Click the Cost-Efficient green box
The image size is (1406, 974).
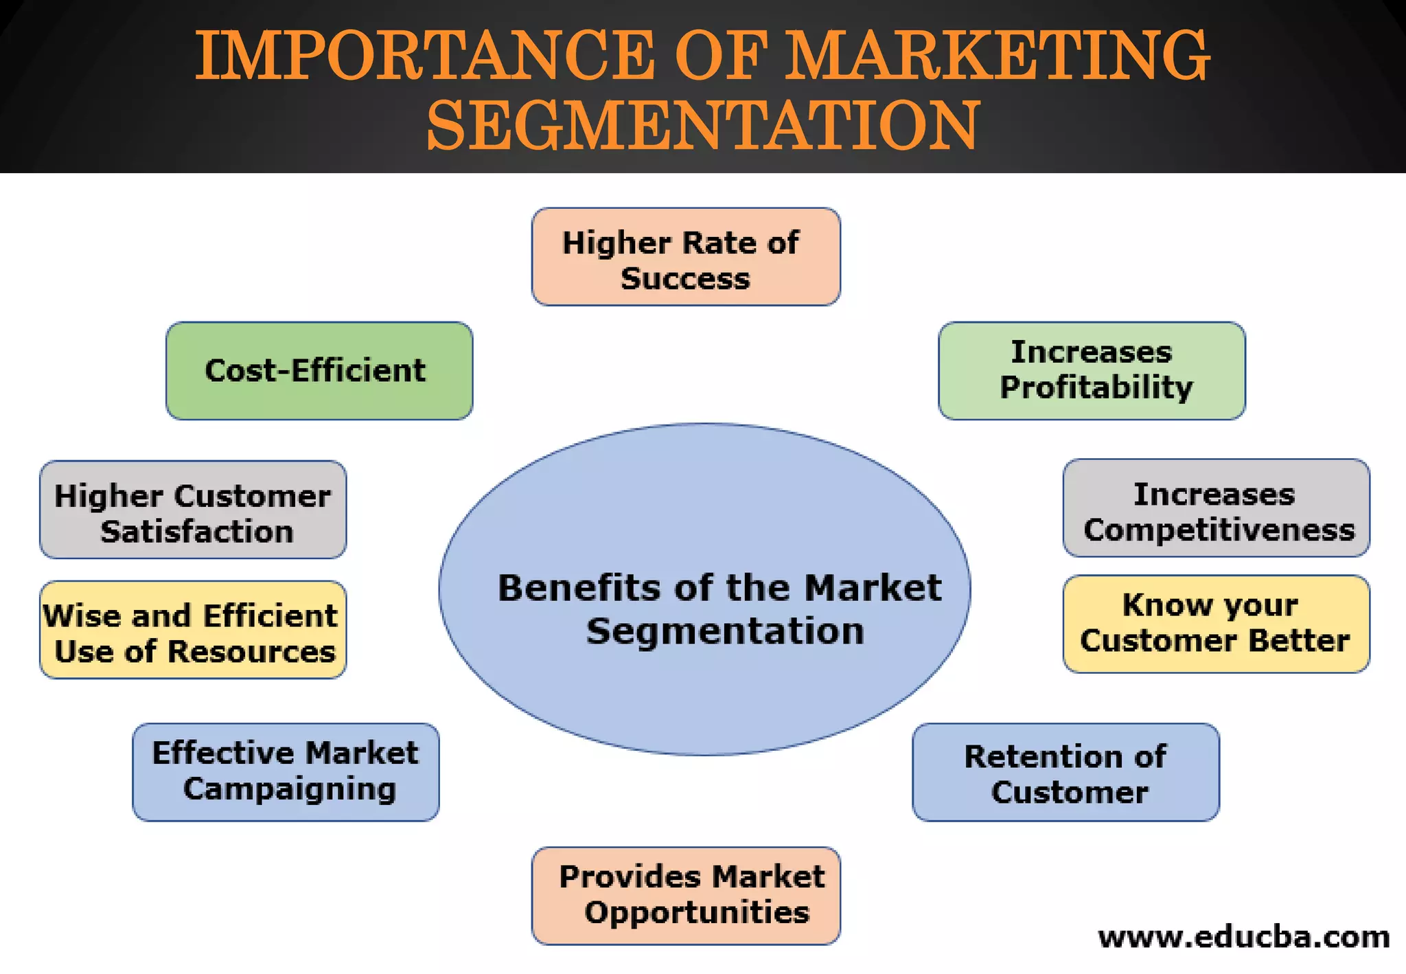click(319, 371)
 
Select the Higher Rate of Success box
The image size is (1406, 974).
click(686, 257)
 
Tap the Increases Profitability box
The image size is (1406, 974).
click(1092, 371)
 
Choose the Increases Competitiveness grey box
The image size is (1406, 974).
click(1216, 508)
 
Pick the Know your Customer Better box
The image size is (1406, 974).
click(1216, 624)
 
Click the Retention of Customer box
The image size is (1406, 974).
click(1065, 772)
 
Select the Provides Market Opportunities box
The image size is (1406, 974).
click(686, 896)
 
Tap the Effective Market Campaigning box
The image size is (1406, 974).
click(286, 772)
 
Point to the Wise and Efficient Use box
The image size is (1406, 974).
click(193, 630)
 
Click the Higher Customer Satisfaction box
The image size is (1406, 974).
click(193, 510)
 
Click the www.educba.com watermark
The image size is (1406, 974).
click(1244, 937)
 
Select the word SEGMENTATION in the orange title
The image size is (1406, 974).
click(702, 125)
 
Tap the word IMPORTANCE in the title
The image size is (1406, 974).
click(424, 55)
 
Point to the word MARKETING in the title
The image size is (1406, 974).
click(997, 55)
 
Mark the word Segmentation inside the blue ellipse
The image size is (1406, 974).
click(725, 631)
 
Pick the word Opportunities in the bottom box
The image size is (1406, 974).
click(697, 913)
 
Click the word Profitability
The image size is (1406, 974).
click(1096, 388)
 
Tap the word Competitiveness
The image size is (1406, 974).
click(1219, 530)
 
